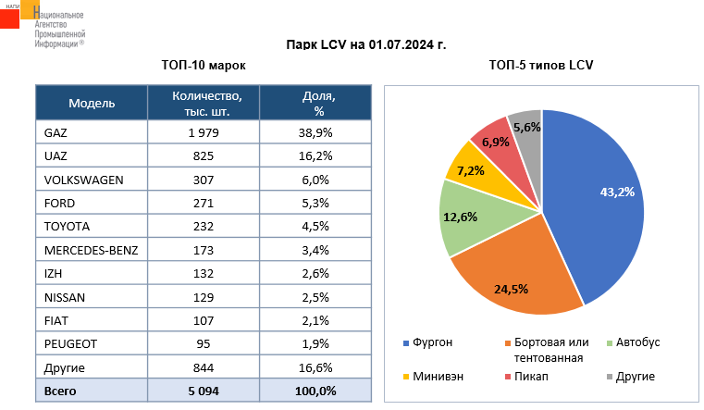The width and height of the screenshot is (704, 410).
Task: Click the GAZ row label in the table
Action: point(56,133)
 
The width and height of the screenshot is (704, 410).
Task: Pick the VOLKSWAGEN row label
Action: point(83,180)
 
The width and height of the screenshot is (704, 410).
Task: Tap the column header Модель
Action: point(92,103)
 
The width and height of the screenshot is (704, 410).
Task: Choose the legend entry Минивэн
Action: point(438,377)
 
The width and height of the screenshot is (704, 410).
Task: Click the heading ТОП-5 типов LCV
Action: point(540,65)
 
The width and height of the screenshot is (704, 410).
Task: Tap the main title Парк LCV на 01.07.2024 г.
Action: point(365,43)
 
